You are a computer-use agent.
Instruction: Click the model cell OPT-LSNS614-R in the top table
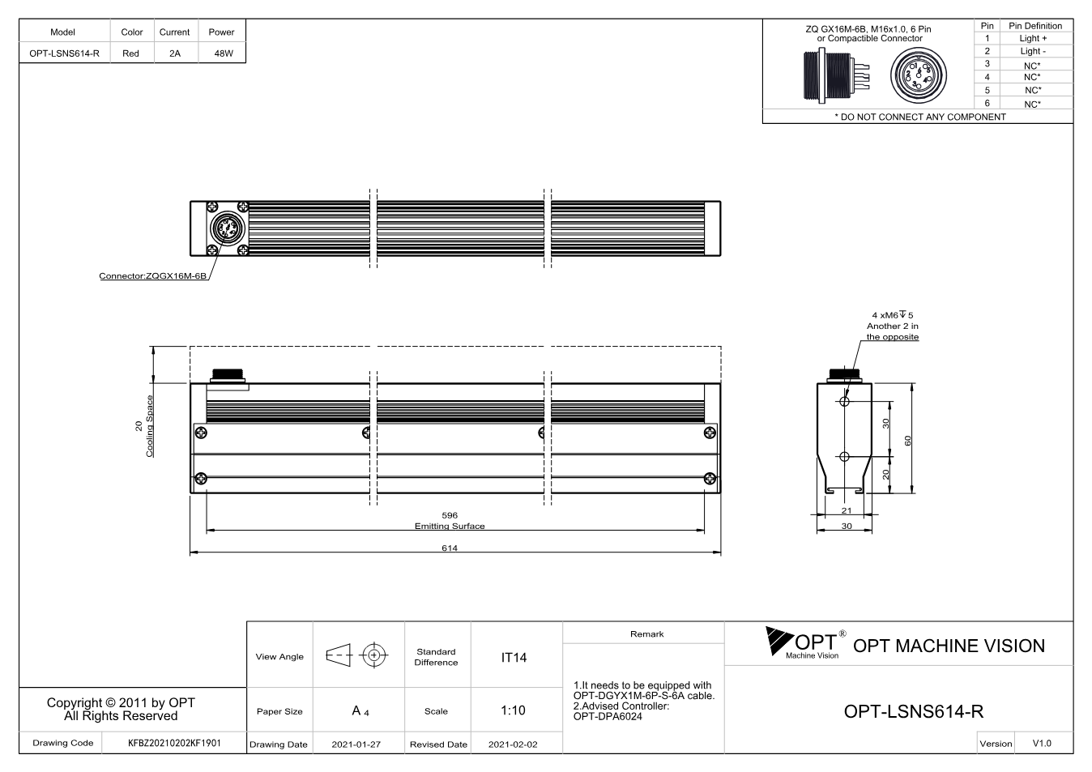pyautogui.click(x=64, y=53)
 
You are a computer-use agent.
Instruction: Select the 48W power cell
pyautogui.click(x=224, y=53)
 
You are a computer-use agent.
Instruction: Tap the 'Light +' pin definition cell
pyautogui.click(x=1033, y=38)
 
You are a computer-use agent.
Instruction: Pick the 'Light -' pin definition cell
pyautogui.click(x=1033, y=51)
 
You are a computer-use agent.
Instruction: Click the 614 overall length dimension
pyautogui.click(x=450, y=548)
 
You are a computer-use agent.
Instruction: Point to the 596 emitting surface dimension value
pyautogui.click(x=450, y=515)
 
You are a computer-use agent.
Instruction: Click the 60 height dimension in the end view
pyautogui.click(x=907, y=441)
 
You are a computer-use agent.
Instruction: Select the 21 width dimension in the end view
pyautogui.click(x=847, y=510)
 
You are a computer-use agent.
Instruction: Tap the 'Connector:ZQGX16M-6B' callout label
pyautogui.click(x=152, y=276)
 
